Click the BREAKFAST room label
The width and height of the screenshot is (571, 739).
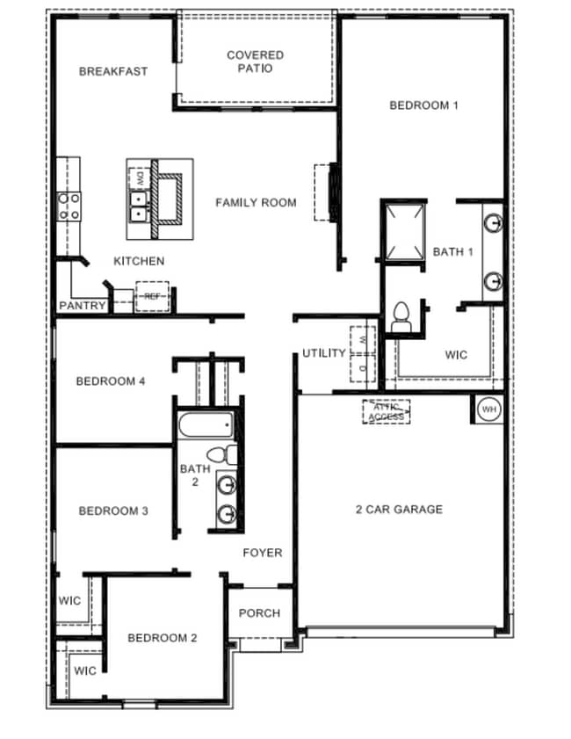click(x=113, y=71)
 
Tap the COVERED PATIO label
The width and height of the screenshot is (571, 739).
click(x=255, y=62)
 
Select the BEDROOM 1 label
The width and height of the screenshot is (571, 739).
click(x=423, y=105)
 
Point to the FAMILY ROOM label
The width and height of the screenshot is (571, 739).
click(x=256, y=202)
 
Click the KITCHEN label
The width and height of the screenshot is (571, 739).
click(x=138, y=261)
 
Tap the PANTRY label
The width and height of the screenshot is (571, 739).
click(x=83, y=306)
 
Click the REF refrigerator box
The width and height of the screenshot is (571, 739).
click(x=153, y=297)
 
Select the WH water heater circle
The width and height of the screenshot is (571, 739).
click(x=488, y=409)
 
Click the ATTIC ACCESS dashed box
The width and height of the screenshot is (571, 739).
click(x=386, y=411)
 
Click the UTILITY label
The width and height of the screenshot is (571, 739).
click(x=324, y=353)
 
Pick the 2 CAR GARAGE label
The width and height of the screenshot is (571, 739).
click(x=399, y=509)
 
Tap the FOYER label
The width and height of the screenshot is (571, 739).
click(x=263, y=553)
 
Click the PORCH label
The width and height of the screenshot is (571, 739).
click(x=260, y=613)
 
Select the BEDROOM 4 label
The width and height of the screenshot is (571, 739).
click(x=111, y=380)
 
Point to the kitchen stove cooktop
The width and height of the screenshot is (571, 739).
click(x=69, y=206)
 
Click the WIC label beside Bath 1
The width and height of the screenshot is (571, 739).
click(x=456, y=355)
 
